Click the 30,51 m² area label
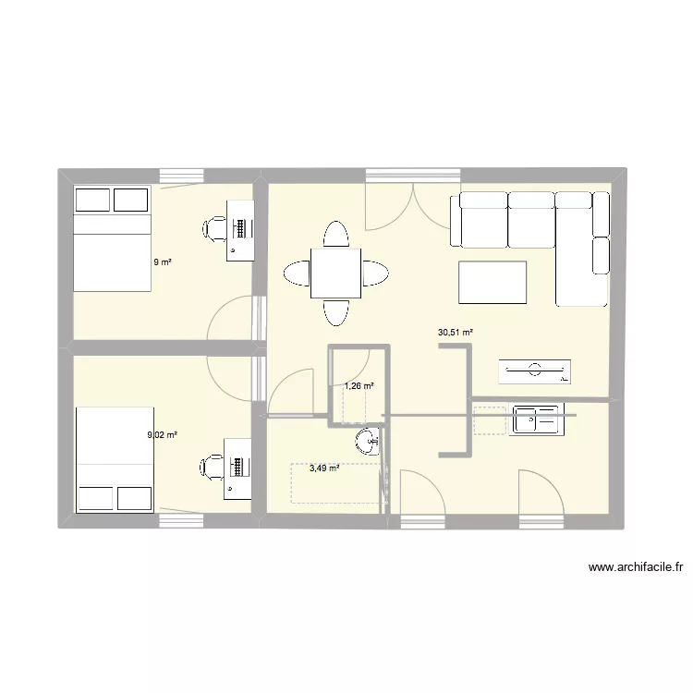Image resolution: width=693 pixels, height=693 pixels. click(x=455, y=333)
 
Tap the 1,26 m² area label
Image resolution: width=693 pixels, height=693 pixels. click(x=359, y=386)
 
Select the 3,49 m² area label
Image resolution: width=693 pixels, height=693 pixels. click(x=323, y=468)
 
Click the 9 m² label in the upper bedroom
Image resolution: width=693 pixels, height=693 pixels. click(x=163, y=261)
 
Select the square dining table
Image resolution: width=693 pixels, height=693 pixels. click(x=335, y=273)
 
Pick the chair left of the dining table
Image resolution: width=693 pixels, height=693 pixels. click(x=298, y=274)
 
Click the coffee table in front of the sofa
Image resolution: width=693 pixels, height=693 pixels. click(x=492, y=283)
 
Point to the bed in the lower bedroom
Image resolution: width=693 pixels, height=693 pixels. click(x=113, y=458)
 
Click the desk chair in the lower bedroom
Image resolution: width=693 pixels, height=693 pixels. click(x=213, y=467)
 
